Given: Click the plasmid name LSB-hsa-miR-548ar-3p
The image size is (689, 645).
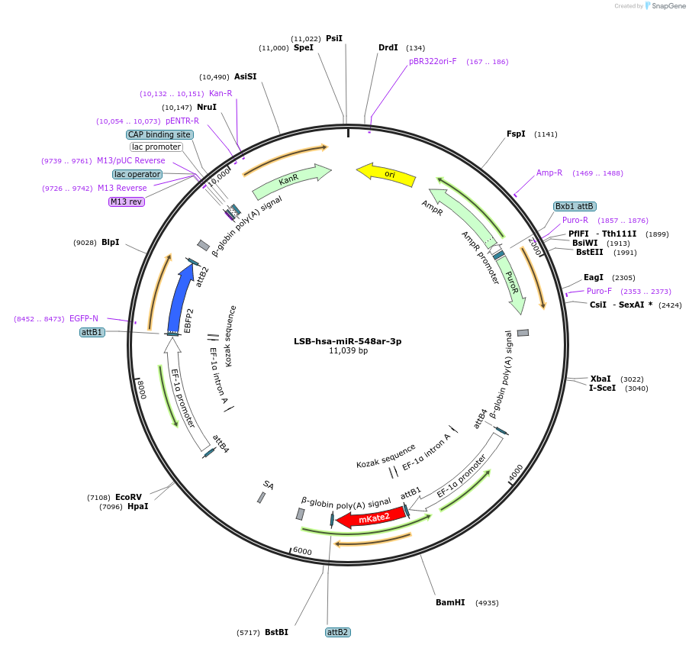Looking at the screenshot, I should tap(347, 341).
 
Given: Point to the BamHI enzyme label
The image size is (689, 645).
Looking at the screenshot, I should tap(450, 602).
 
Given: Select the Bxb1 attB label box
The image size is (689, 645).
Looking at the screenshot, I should tap(575, 206).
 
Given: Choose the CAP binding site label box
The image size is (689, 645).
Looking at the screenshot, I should tap(159, 134).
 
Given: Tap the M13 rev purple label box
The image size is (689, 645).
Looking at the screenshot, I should tap(126, 202).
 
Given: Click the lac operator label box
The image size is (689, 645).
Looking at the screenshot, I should tap(138, 174).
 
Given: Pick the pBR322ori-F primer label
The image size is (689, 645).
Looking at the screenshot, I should tap(433, 61).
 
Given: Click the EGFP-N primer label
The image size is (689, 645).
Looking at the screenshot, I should tap(84, 318).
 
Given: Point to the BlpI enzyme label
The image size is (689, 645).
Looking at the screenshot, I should tap(111, 242).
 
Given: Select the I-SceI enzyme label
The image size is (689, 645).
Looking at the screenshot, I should tap(602, 388).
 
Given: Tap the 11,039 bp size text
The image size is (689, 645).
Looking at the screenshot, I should tap(348, 351).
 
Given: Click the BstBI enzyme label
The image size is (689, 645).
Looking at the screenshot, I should tap(276, 632).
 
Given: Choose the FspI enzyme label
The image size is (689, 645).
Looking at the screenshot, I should tap(516, 134).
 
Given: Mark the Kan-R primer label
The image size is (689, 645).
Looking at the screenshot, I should tap(221, 93).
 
